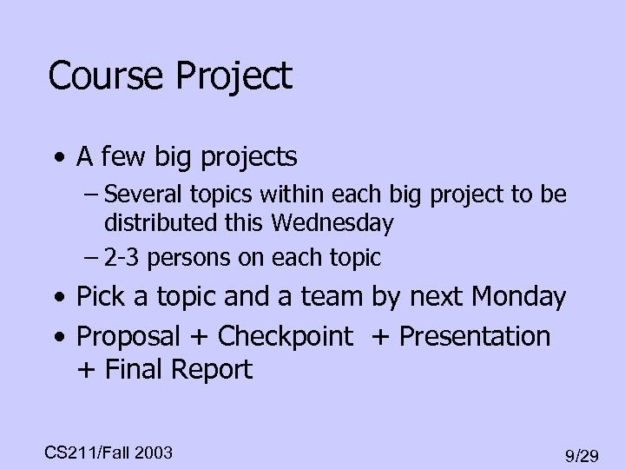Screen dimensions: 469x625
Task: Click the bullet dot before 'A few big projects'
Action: (x=57, y=158)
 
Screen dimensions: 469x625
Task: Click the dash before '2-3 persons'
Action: (x=92, y=258)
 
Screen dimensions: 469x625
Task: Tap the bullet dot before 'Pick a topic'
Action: (x=57, y=299)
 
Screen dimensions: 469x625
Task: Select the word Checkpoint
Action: (x=286, y=335)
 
